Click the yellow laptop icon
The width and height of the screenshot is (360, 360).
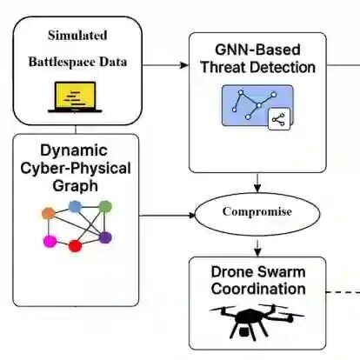(x=75, y=97)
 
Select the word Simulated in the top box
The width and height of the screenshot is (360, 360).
(x=77, y=36)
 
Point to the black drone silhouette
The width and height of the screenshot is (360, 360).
(x=257, y=322)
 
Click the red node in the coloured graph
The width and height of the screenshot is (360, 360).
(x=75, y=246)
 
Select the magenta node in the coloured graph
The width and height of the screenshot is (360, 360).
(x=50, y=241)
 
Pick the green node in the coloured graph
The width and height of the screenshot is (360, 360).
(x=105, y=207)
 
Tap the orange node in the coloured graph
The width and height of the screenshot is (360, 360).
(x=49, y=214)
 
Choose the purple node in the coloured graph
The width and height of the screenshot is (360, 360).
(x=105, y=237)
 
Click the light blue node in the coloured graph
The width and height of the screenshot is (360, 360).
(x=75, y=206)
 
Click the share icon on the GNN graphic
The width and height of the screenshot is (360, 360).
(x=279, y=119)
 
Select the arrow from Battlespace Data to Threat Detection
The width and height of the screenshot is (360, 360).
(x=165, y=65)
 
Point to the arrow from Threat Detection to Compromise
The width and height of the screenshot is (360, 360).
(x=257, y=183)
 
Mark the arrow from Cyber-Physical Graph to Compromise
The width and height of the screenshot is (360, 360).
(x=167, y=216)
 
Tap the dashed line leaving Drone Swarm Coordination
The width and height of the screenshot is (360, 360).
(x=343, y=292)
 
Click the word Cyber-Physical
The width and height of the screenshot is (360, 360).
(x=76, y=169)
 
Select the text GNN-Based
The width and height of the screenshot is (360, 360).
(x=257, y=50)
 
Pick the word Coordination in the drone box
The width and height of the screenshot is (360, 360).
(x=258, y=289)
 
